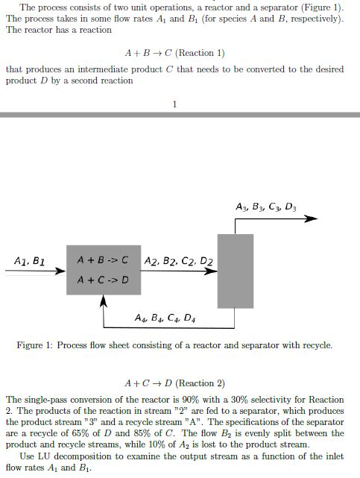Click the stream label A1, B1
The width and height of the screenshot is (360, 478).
(x=30, y=261)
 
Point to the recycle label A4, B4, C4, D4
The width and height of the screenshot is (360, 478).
(x=165, y=318)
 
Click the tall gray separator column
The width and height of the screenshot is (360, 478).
(x=235, y=270)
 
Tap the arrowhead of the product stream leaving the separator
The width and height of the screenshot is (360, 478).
(x=313, y=219)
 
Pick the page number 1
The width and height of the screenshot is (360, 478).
(x=174, y=104)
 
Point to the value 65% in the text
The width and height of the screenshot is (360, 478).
(x=75, y=433)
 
